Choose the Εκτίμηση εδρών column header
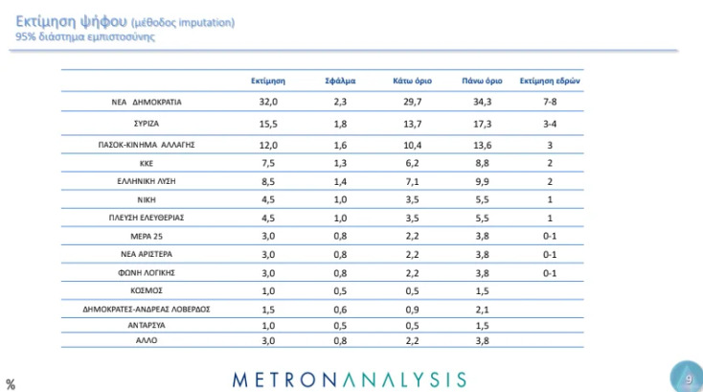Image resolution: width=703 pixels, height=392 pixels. click(x=551, y=81)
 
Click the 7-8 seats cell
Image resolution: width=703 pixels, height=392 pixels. click(x=551, y=103)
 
